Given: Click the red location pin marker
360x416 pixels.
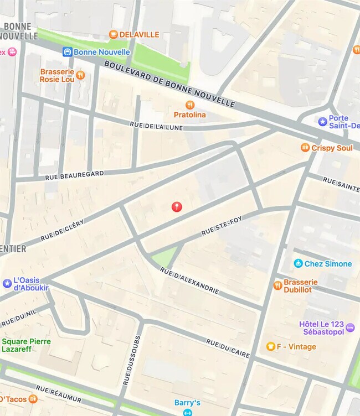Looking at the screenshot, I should tap(177, 206).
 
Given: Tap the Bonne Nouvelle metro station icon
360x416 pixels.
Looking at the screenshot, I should tap(67, 52).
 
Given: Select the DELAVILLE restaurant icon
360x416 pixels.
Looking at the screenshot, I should tap(113, 34).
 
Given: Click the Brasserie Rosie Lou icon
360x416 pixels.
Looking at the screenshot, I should tap(80, 75).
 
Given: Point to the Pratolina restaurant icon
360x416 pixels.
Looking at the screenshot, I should tap(190, 105).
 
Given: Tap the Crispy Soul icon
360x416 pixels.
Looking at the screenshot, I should tap(305, 148).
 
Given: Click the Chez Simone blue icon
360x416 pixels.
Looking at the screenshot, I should tap(298, 263).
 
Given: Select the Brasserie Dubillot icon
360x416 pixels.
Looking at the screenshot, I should tap(277, 285).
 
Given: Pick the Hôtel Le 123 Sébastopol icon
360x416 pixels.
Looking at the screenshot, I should tap(349, 327).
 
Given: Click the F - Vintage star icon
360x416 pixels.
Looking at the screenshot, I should tap(270, 346).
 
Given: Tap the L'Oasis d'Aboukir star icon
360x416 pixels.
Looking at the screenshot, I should tap(7, 283).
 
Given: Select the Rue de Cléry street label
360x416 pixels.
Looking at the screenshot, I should tap(61, 231).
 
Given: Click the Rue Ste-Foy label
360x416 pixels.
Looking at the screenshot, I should tap(222, 226).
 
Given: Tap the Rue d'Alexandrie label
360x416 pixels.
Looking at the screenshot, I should tap(189, 281).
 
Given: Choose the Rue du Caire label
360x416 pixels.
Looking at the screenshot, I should tap(228, 349).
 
